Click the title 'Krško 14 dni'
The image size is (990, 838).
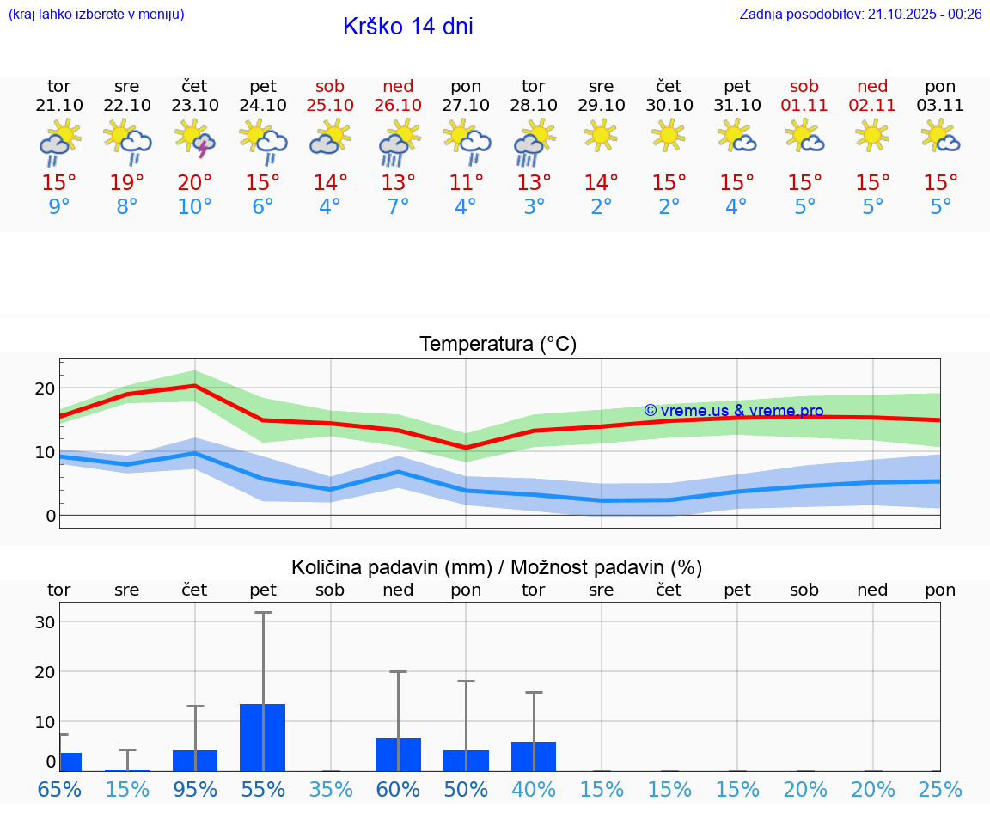[x=407, y=27]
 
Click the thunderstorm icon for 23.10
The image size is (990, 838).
[x=195, y=139]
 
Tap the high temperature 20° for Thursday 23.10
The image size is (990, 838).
[x=195, y=182]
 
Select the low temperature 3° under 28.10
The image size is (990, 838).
[x=534, y=207]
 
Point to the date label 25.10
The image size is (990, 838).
[x=330, y=105]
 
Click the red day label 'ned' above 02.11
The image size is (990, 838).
[x=873, y=86]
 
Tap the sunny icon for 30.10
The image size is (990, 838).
[x=669, y=135]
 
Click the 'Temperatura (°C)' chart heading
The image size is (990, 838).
[x=498, y=344]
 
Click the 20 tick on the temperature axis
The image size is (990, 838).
[x=46, y=388]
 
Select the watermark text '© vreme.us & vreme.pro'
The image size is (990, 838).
[x=733, y=411]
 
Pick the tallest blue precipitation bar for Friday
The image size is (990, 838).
[x=262, y=737]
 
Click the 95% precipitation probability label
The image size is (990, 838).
[x=195, y=790]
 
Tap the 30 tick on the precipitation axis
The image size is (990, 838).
[x=46, y=622]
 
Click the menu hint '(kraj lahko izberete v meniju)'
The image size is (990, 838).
[x=96, y=14]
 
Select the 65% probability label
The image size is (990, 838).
[x=59, y=790]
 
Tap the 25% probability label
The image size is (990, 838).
[x=940, y=790]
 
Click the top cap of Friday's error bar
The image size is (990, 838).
[x=263, y=612]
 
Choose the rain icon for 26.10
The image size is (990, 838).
[x=398, y=142]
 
